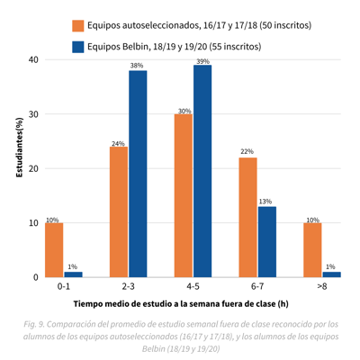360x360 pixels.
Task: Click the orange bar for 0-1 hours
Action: coord(54,250)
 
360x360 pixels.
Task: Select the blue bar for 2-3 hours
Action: coord(138,174)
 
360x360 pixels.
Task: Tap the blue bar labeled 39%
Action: coord(202,171)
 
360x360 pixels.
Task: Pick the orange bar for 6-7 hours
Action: coord(247,218)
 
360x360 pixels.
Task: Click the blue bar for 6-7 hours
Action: coord(267,242)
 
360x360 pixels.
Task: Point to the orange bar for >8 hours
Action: coord(312,250)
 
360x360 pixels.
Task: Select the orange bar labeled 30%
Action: coord(184,195)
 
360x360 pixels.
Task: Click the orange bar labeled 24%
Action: coord(119,211)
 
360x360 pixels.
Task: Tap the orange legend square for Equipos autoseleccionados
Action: coord(78,26)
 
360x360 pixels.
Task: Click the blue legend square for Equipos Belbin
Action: coord(78,47)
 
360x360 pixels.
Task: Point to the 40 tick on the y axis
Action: coord(34,59)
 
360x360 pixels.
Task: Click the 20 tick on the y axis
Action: coord(34,168)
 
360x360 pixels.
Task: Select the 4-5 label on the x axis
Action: coord(193,287)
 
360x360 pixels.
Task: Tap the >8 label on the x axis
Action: coord(322,287)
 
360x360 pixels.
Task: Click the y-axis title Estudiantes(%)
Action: coord(20,148)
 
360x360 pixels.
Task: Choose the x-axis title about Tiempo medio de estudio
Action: coord(181,304)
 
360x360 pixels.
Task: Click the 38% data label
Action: coord(137,66)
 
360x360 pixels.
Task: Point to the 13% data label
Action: coord(265,202)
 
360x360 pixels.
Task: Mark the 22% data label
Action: coord(247,151)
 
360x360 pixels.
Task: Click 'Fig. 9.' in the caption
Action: coord(34,325)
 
